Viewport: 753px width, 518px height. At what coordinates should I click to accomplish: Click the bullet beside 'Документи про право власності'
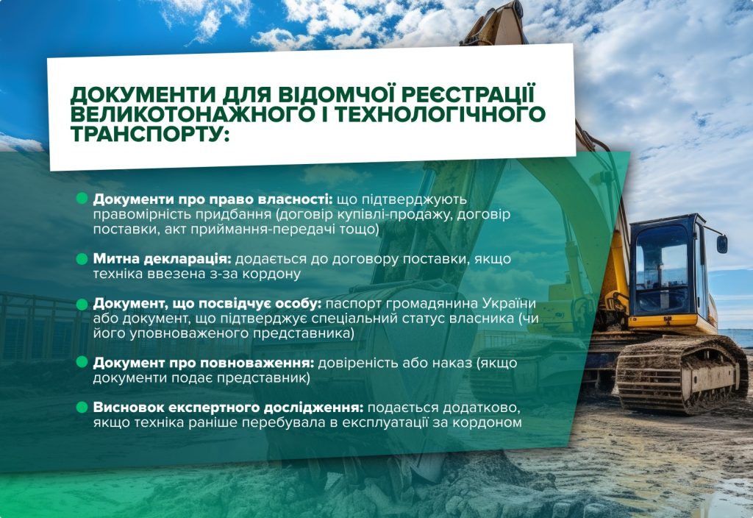(82, 199)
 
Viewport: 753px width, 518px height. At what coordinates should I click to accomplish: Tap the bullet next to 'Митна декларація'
(82, 258)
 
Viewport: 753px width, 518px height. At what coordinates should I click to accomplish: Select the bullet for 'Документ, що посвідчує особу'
(82, 304)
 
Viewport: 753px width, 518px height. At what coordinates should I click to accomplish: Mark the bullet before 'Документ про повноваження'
(82, 362)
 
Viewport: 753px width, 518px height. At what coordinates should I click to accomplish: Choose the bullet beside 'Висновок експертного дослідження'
(82, 408)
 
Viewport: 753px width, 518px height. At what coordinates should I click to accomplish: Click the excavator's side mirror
(722, 243)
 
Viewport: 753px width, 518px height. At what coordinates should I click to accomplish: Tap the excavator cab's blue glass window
(661, 269)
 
